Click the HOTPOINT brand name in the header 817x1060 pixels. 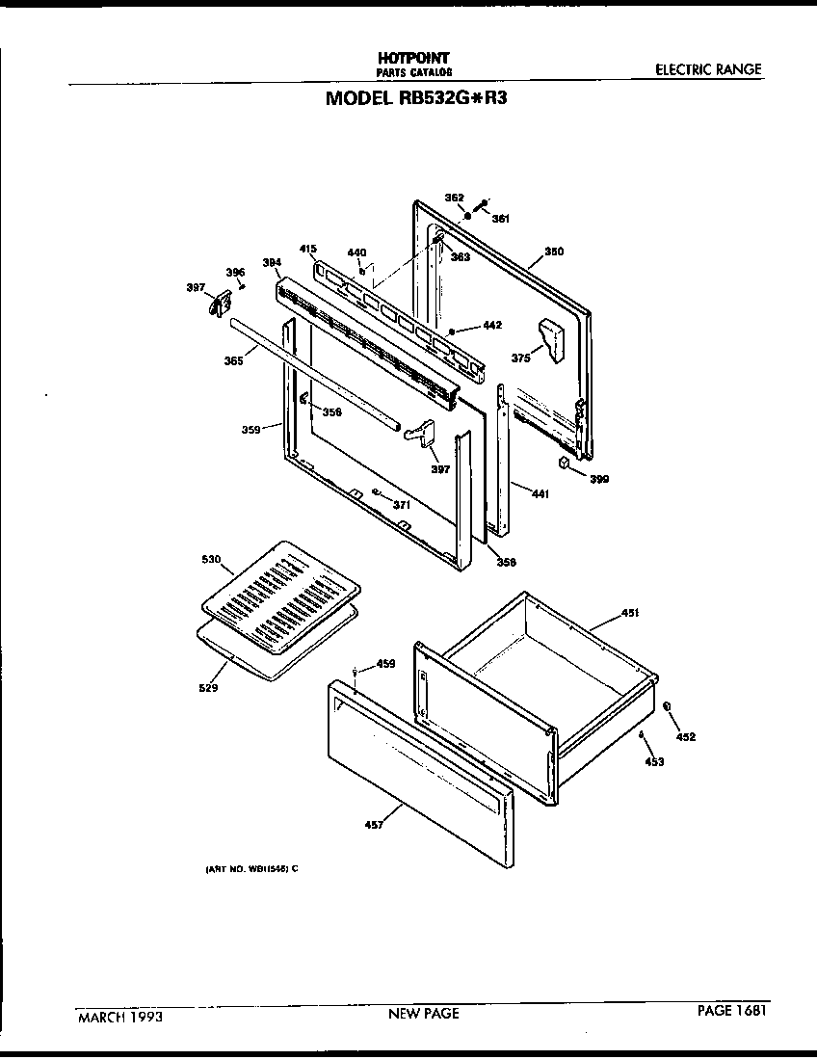pyautogui.click(x=413, y=58)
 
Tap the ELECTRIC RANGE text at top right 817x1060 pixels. pyautogui.click(x=707, y=69)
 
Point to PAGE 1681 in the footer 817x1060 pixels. pyautogui.click(x=733, y=1011)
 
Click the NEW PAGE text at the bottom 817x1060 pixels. pyautogui.click(x=423, y=1013)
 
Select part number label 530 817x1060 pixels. pyautogui.click(x=211, y=560)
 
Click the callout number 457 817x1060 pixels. pyautogui.click(x=374, y=824)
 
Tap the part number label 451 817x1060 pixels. pyautogui.click(x=630, y=612)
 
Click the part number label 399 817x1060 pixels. pyautogui.click(x=599, y=478)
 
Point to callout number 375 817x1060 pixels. pyautogui.click(x=520, y=358)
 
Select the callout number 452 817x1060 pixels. pyautogui.click(x=685, y=737)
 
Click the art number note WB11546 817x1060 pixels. pyautogui.click(x=250, y=868)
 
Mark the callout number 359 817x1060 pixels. pyautogui.click(x=251, y=430)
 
